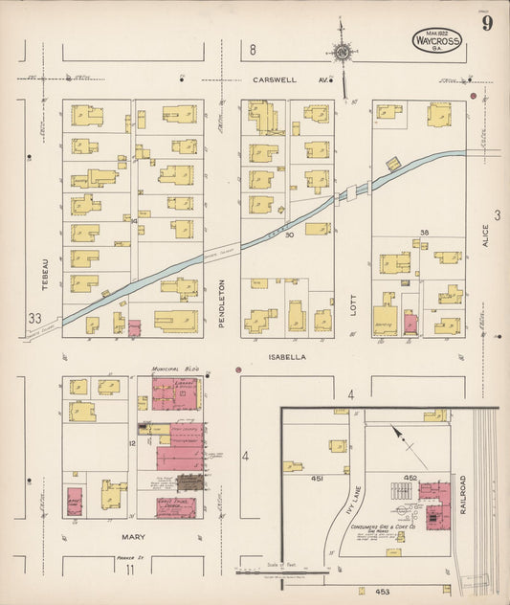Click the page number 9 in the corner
click(487, 24)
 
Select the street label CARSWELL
click(276, 80)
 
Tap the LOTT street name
click(352, 304)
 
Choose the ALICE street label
click(485, 235)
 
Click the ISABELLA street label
click(287, 356)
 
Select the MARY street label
click(133, 538)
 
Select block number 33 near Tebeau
click(35, 319)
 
